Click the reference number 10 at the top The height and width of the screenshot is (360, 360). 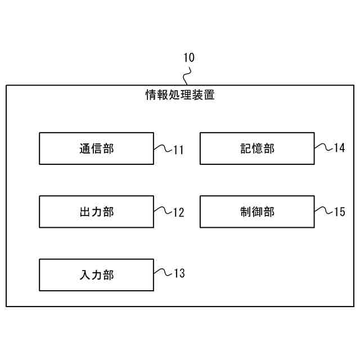[x=188, y=58]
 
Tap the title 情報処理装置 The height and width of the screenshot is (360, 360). [x=180, y=95]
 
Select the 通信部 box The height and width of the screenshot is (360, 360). [x=96, y=148]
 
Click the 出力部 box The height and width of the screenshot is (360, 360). [x=96, y=211]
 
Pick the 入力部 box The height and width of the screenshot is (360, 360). [x=96, y=275]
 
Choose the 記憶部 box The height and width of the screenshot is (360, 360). [x=257, y=148]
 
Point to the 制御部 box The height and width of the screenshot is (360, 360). [x=257, y=211]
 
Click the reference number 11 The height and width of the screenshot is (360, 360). [x=178, y=150]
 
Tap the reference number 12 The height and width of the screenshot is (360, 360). [x=178, y=213]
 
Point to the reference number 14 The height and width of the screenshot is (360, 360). [x=339, y=148]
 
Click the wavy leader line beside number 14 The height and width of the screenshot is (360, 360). [x=323, y=147]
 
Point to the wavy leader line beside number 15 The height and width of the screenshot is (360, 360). [x=323, y=211]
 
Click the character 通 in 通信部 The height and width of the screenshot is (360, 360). [x=84, y=148]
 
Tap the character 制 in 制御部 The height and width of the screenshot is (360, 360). [x=245, y=211]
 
